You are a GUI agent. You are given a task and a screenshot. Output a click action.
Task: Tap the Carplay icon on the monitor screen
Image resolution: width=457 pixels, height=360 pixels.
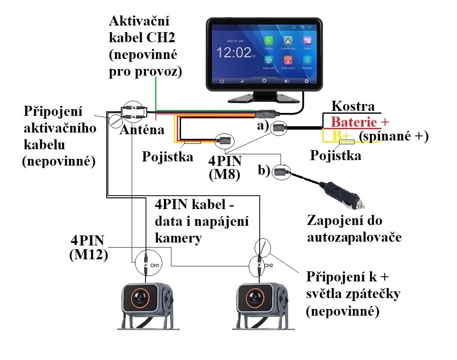point(268,41)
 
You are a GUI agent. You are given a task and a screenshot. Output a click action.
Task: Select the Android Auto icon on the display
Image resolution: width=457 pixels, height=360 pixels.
point(288,41)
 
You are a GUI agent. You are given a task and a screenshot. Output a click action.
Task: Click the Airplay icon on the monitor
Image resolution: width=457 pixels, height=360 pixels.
point(307,41)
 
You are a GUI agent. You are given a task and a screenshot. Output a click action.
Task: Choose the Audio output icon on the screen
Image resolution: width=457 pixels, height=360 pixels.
point(288,60)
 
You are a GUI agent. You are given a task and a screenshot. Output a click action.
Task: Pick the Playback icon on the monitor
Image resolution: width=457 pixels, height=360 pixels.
point(307,60)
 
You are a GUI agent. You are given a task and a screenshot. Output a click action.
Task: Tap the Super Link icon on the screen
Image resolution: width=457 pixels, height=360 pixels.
point(268,60)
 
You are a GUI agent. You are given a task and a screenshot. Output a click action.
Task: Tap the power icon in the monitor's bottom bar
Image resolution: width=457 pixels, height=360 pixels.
point(222,81)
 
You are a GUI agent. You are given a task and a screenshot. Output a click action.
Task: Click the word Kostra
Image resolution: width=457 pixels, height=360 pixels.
point(352,106)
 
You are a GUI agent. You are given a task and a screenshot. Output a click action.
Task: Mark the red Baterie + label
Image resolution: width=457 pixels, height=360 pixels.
point(360,122)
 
